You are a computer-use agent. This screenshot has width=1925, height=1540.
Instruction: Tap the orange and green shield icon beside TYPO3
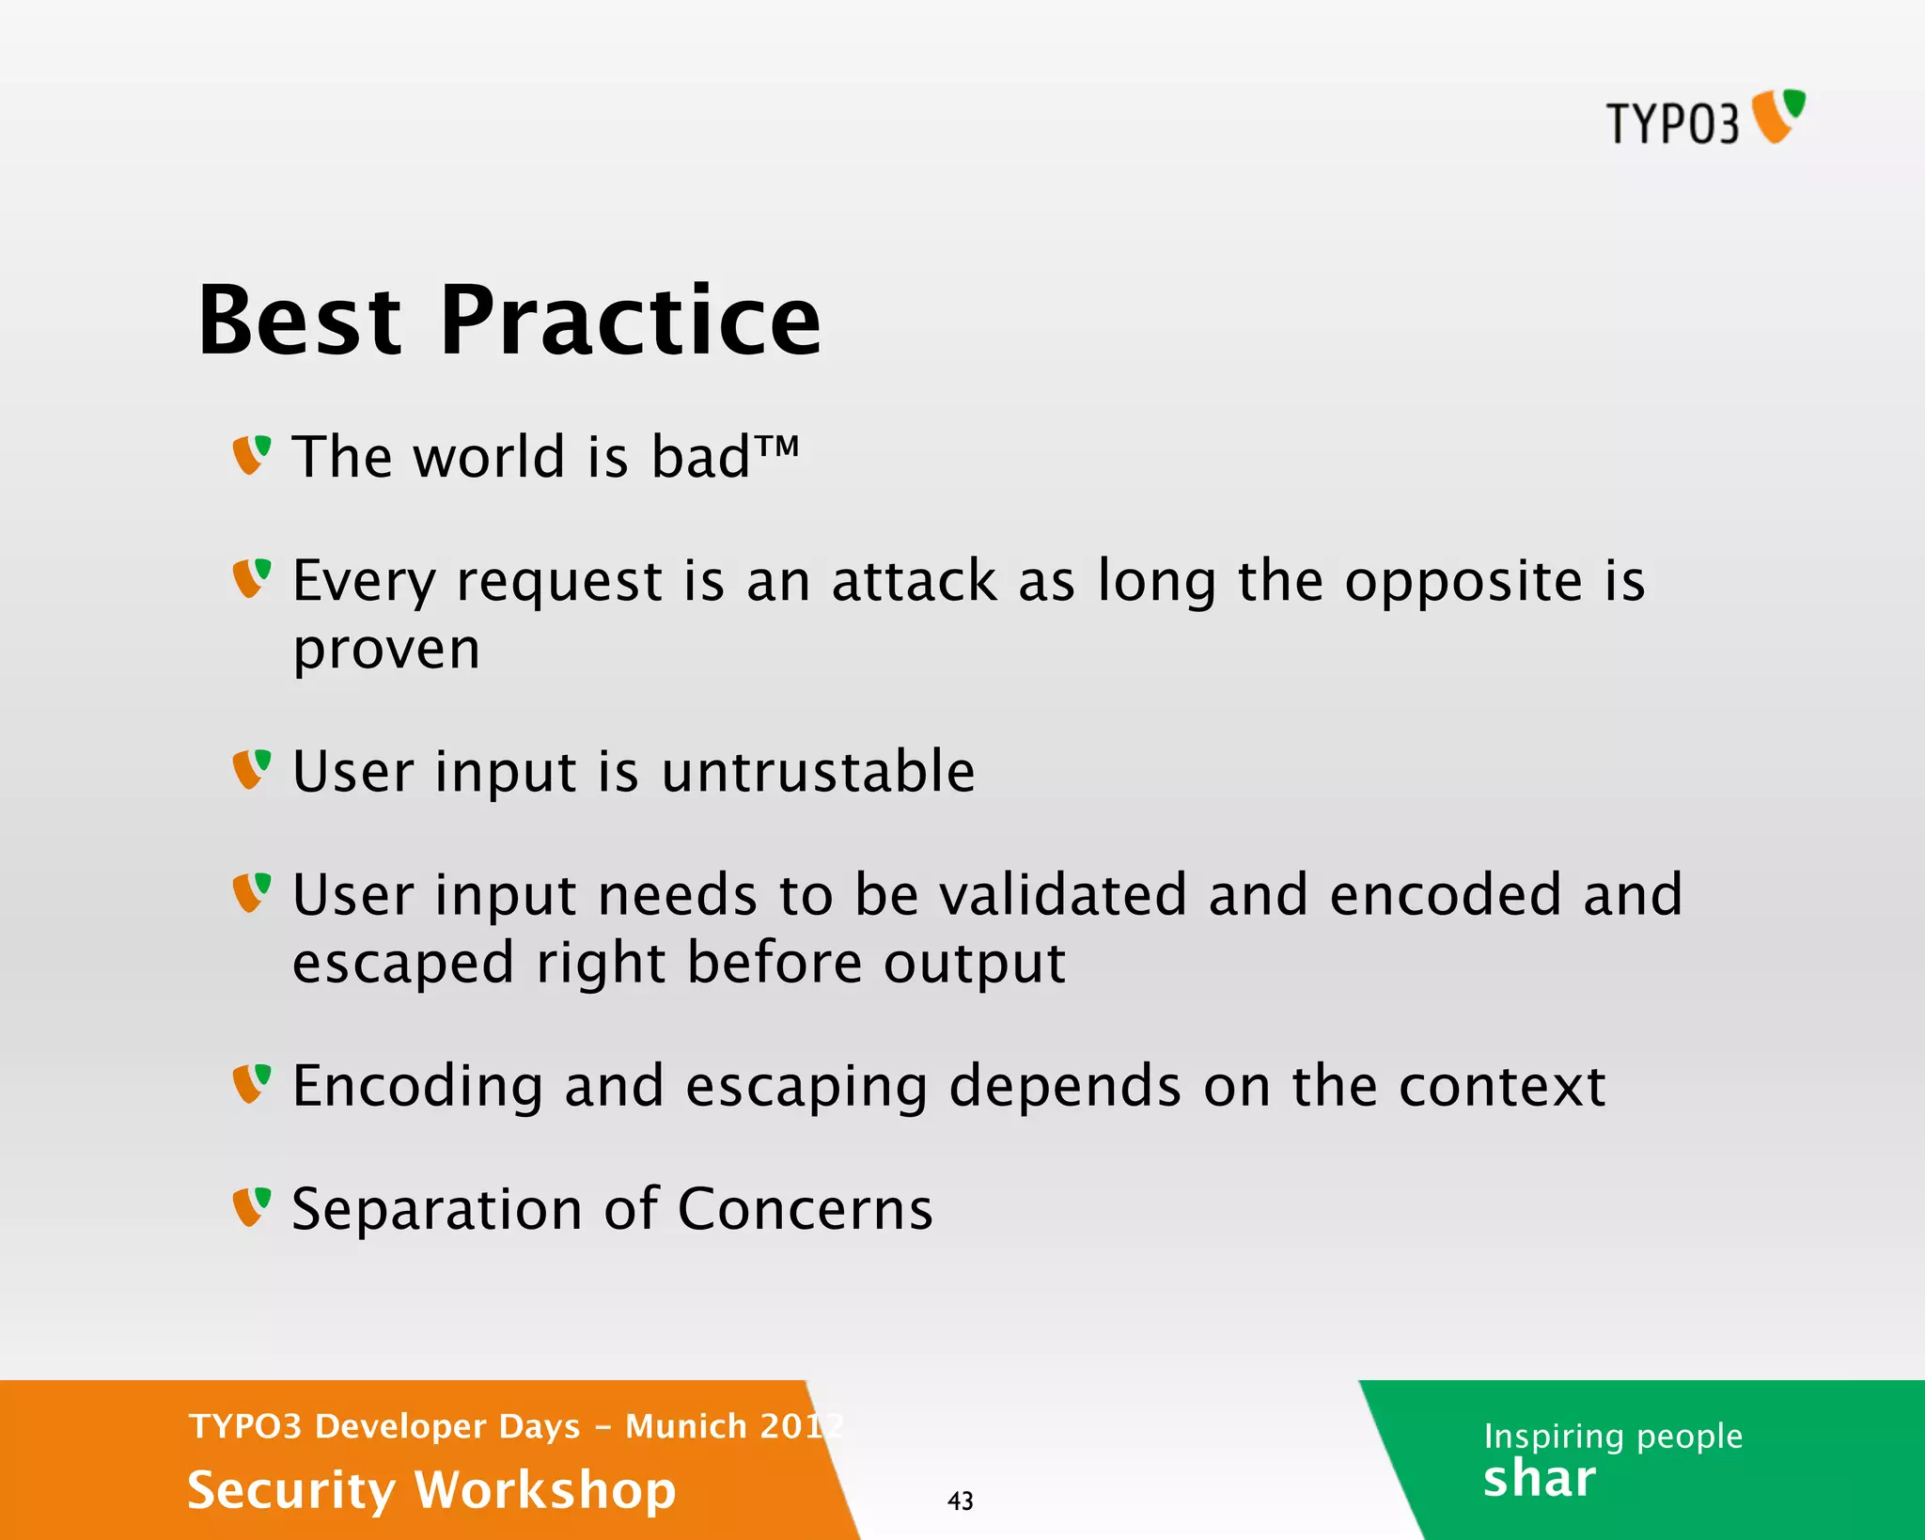pyautogui.click(x=1778, y=117)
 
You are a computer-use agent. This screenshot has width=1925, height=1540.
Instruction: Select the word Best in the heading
pyautogui.click(x=300, y=322)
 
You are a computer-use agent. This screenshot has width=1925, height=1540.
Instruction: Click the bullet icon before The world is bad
pyautogui.click(x=251, y=455)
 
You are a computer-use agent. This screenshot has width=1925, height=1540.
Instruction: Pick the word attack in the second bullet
pyautogui.click(x=914, y=580)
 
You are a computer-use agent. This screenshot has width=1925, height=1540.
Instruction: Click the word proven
pyautogui.click(x=386, y=649)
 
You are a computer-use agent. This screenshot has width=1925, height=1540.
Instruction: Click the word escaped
pyautogui.click(x=403, y=963)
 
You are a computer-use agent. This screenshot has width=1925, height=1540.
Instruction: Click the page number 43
pyautogui.click(x=960, y=1501)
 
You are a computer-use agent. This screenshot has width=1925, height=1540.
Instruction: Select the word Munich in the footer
pyautogui.click(x=686, y=1426)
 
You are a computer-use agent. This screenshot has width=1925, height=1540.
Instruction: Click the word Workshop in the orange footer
pyautogui.click(x=545, y=1490)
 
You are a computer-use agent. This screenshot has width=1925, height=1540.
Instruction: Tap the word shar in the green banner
pyautogui.click(x=1539, y=1479)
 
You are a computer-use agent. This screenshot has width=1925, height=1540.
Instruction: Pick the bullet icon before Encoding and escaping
pyautogui.click(x=251, y=1084)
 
